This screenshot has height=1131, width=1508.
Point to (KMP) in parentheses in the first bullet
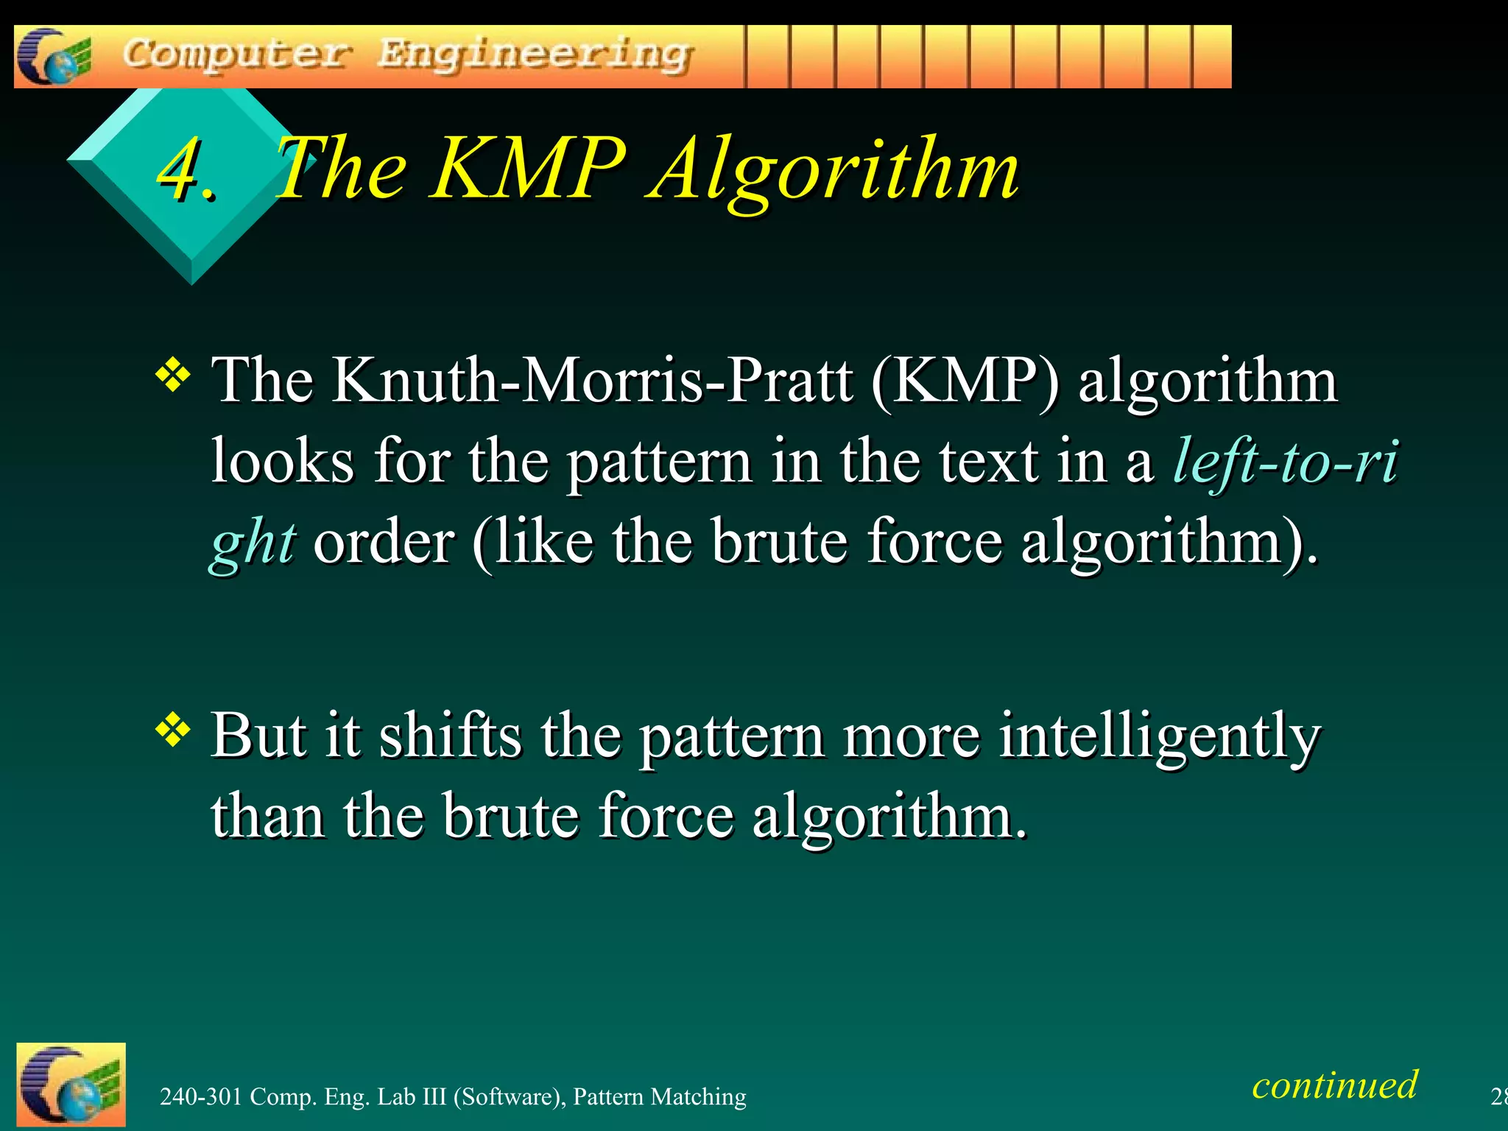pos(965,381)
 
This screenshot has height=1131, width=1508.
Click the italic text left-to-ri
pos(1286,461)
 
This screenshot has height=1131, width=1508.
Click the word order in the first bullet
pos(383,542)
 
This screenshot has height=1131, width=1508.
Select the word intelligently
pos(1159,736)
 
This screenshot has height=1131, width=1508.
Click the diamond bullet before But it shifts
pos(173,730)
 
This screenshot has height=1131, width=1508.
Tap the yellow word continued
pos(1334,1085)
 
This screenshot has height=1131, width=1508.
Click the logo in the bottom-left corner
pos(71,1085)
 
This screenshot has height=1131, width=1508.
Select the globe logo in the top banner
pos(54,57)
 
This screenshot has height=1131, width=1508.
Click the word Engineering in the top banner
pos(535,55)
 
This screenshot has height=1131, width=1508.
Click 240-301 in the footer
pos(201,1097)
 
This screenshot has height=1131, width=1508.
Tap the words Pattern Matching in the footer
pos(660,1097)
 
